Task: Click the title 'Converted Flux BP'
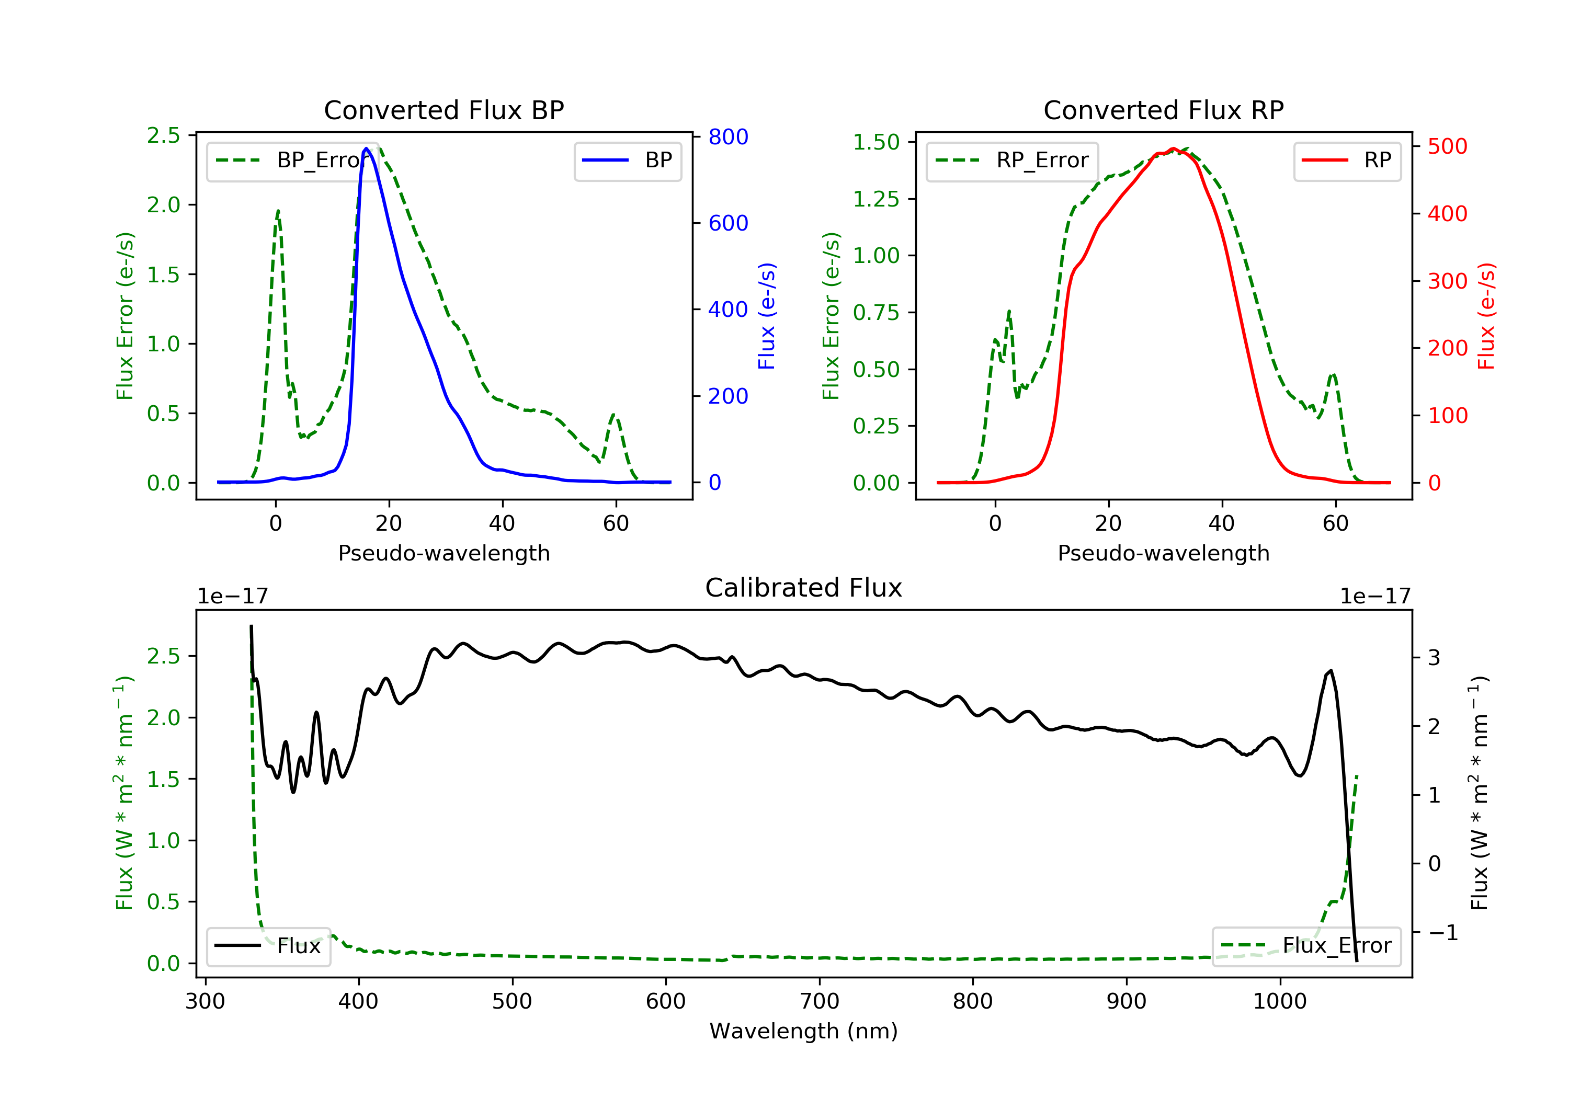coord(444,110)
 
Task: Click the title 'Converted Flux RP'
coord(1163,110)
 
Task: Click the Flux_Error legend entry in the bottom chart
coord(1306,946)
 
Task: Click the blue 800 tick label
coord(728,136)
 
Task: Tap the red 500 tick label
coord(1447,146)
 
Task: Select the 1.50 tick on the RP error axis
coord(876,142)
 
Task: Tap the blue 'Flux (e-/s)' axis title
coord(767,316)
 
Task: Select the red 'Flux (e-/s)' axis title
coord(1486,316)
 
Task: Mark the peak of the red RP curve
coord(1173,148)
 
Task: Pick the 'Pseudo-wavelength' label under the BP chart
coord(444,553)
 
